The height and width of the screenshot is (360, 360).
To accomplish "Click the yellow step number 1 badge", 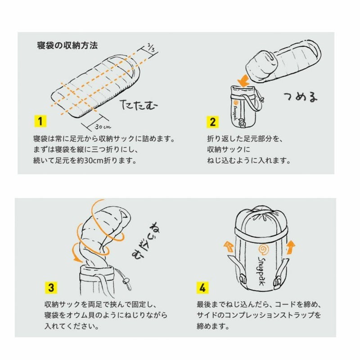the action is click(x=40, y=121).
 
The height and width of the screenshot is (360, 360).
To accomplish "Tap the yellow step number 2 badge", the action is click(x=212, y=122).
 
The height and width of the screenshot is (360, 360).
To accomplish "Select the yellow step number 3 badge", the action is click(x=51, y=288).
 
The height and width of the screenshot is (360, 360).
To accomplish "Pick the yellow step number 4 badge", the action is click(x=202, y=288).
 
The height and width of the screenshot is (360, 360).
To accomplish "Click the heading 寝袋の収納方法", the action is click(x=67, y=45).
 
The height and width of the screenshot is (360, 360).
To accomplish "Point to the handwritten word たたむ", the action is click(x=139, y=105).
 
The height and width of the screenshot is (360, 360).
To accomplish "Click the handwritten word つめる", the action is click(x=301, y=96).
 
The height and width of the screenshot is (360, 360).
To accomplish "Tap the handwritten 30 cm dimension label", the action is click(x=103, y=126).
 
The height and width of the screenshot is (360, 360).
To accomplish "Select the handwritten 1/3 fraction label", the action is click(x=151, y=48).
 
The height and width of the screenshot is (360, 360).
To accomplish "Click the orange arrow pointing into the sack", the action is click(x=243, y=81).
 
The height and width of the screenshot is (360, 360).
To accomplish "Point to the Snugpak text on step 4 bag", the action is click(x=262, y=271).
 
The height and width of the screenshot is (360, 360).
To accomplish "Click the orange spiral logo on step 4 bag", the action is click(x=264, y=250).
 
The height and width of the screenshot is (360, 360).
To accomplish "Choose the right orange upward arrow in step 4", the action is click(x=291, y=247).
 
